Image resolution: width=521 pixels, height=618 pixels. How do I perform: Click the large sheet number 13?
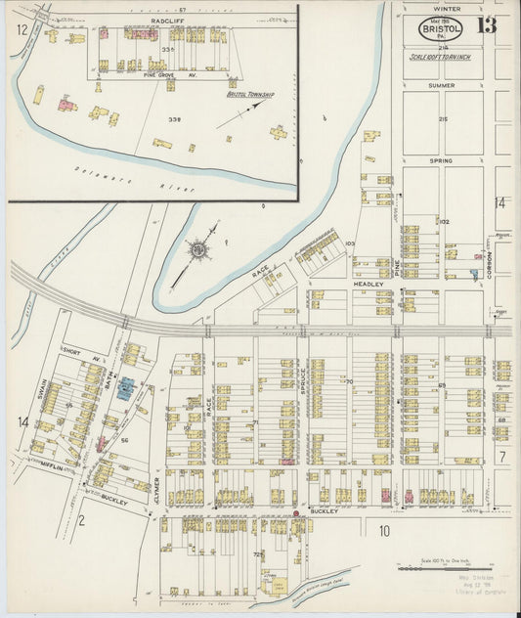tap(486, 25)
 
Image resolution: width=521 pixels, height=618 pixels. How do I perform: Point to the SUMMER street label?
tap(441, 85)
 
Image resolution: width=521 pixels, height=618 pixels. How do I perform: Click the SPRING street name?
tap(441, 159)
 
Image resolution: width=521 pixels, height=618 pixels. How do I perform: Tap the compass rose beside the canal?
tap(198, 250)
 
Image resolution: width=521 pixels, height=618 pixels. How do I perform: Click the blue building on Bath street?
tap(126, 388)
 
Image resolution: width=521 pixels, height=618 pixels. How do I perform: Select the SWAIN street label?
tap(43, 390)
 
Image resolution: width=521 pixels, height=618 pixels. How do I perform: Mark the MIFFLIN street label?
tap(52, 468)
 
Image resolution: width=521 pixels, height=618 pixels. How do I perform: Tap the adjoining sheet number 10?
tap(384, 531)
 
